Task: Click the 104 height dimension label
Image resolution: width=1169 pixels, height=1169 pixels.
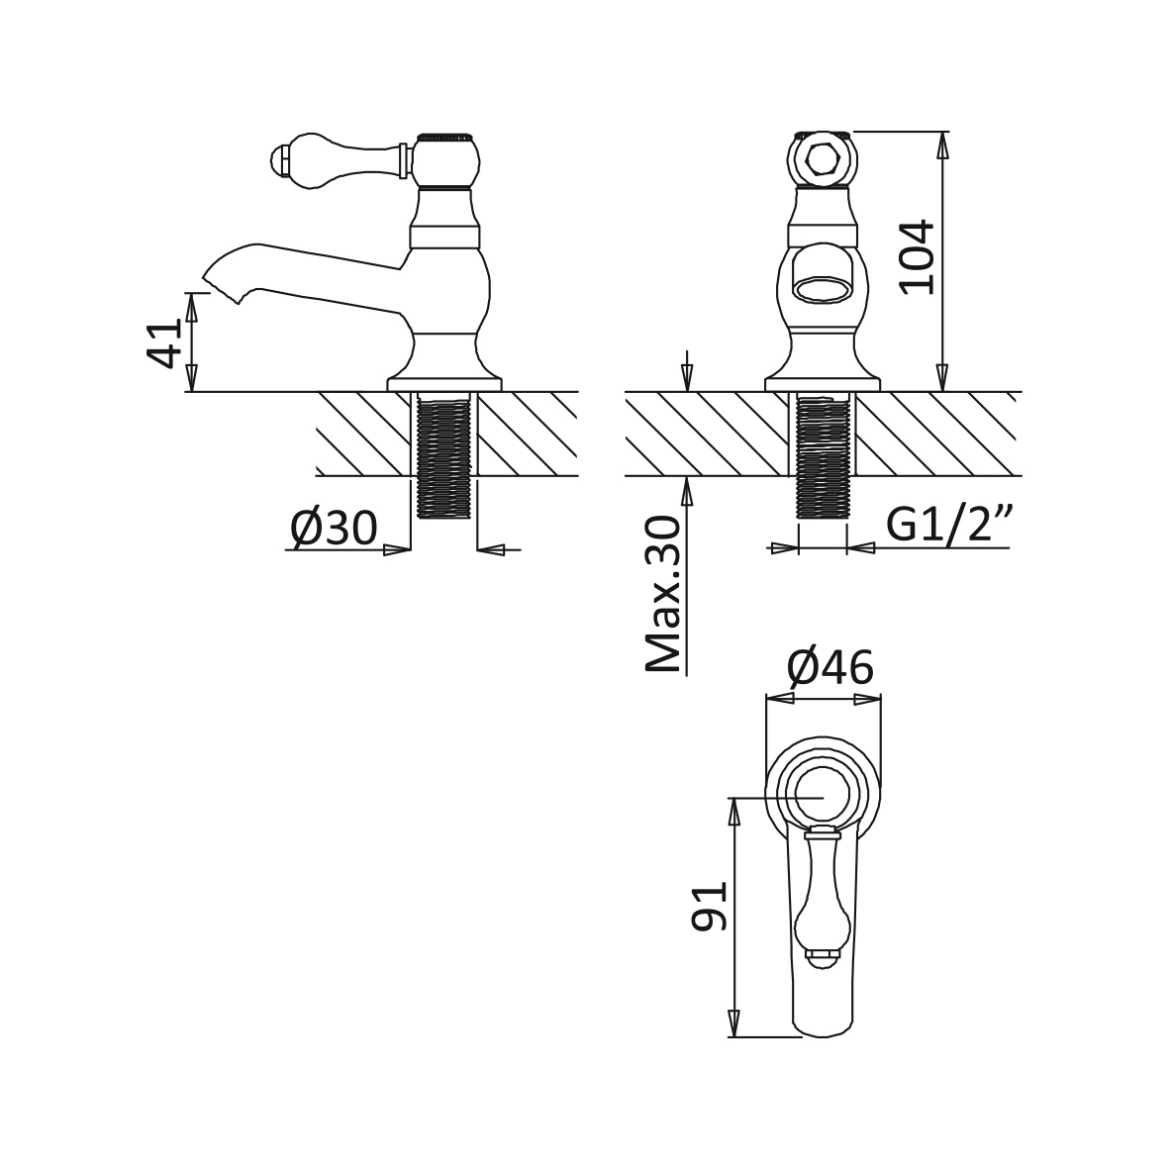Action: [917, 257]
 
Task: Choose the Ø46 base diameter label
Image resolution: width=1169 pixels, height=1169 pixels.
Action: [830, 667]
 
